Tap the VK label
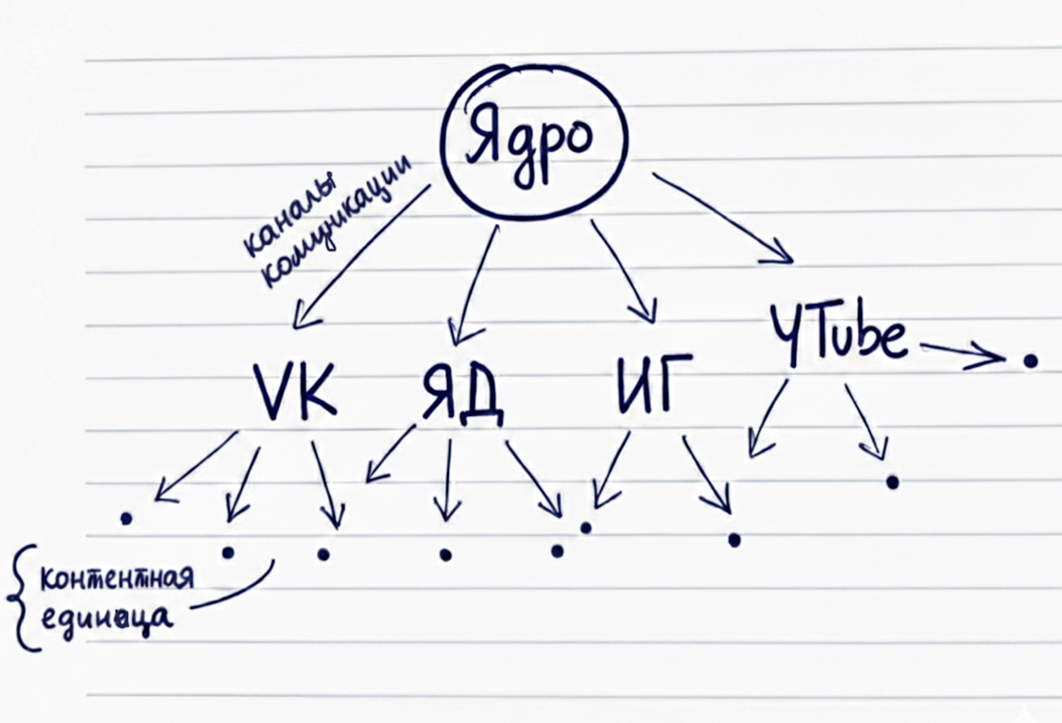[x=295, y=390]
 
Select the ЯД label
[x=462, y=392]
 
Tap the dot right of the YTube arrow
[x=1030, y=361]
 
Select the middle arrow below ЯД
[x=447, y=480]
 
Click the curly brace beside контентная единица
[x=19, y=597]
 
